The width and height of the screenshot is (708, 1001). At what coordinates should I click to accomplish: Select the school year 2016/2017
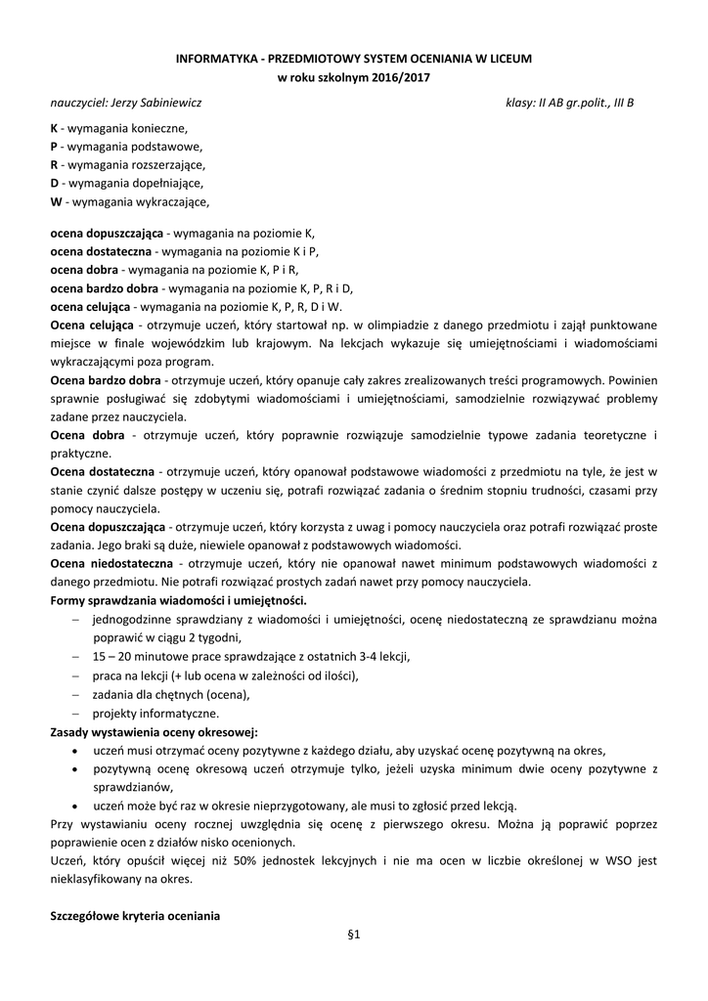(403, 76)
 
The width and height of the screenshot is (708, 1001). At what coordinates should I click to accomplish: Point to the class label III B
(623, 102)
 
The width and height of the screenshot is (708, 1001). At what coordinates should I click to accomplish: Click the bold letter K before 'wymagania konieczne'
(54, 128)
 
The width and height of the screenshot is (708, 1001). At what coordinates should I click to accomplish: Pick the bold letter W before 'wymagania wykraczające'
(56, 201)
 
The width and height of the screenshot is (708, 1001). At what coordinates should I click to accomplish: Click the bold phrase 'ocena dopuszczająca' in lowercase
(107, 234)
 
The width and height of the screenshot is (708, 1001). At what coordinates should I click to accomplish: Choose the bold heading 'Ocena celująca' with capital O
(92, 325)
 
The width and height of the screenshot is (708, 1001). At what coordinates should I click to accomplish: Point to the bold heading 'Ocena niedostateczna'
(111, 564)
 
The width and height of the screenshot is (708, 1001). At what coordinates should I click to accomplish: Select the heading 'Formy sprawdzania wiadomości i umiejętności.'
(178, 600)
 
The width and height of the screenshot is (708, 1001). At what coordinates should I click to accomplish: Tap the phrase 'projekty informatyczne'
(155, 714)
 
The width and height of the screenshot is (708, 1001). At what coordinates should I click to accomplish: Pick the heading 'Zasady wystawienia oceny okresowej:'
(154, 731)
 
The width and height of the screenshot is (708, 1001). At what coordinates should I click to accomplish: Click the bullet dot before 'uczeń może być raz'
(77, 806)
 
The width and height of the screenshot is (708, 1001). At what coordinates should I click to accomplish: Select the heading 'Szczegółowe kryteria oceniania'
(135, 916)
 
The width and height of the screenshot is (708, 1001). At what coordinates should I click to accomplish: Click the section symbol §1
(354, 936)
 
